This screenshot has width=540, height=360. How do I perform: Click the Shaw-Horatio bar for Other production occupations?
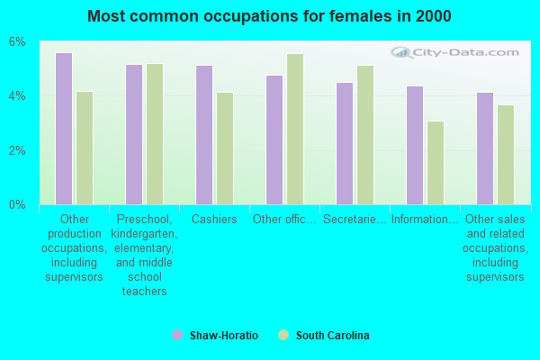pyautogui.click(x=64, y=129)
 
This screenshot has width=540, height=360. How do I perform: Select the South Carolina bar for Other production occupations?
pyautogui.click(x=85, y=148)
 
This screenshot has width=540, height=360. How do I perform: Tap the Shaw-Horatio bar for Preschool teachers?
pyautogui.click(x=134, y=134)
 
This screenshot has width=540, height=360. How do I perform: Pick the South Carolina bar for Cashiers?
pyautogui.click(x=225, y=148)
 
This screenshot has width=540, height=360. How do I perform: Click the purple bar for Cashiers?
pyautogui.click(x=204, y=135)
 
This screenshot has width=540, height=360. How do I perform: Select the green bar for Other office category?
pyautogui.click(x=295, y=129)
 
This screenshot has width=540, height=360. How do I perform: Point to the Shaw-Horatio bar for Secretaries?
pyautogui.click(x=345, y=143)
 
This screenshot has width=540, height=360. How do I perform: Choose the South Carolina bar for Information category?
pyautogui.click(x=436, y=163)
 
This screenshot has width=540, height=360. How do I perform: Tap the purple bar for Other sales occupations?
pyautogui.click(x=485, y=148)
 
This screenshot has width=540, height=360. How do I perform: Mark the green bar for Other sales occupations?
pyautogui.click(x=506, y=155)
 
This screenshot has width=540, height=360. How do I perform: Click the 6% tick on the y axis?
pyautogui.click(x=18, y=42)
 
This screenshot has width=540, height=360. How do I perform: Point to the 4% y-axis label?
pyautogui.click(x=18, y=96)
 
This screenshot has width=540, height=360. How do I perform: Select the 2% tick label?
pyautogui.click(x=18, y=150)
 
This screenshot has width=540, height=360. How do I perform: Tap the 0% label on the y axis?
pyautogui.click(x=18, y=205)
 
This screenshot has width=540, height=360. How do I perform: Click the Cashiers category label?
pyautogui.click(x=214, y=219)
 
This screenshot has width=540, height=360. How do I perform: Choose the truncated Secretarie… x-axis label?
pyautogui.click(x=355, y=219)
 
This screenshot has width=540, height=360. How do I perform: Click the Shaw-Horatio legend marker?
pyautogui.click(x=177, y=335)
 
